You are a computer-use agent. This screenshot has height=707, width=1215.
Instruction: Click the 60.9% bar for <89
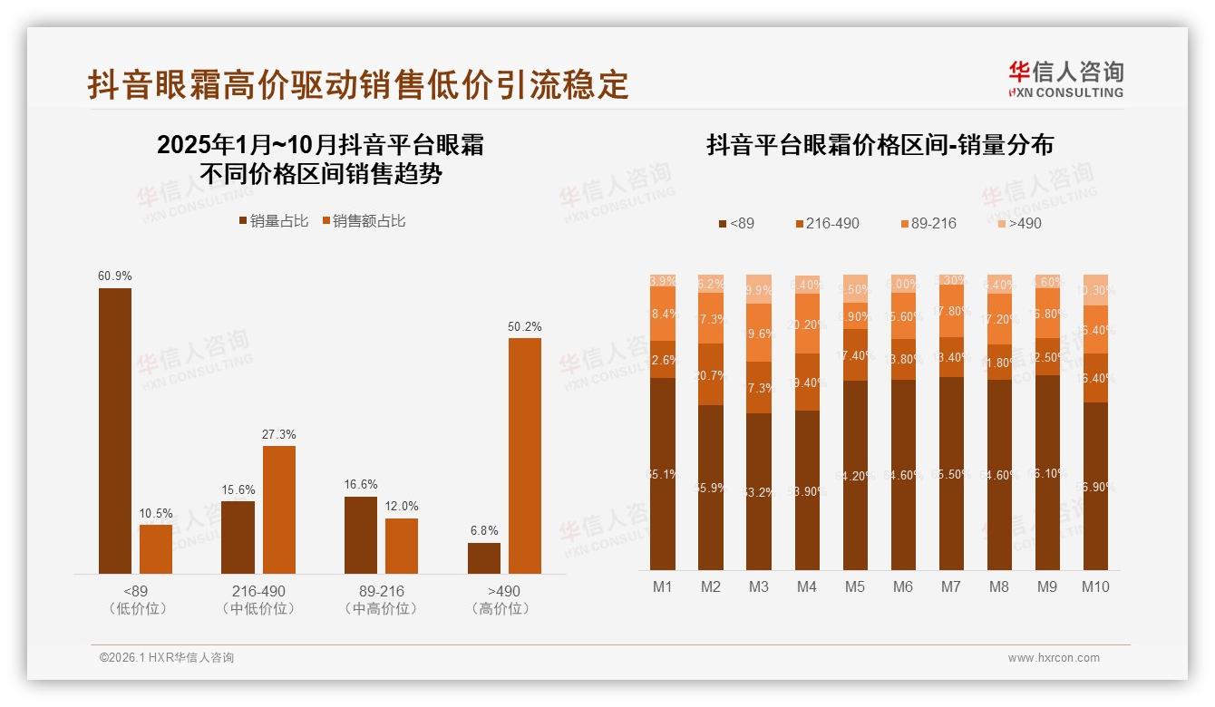[115, 431]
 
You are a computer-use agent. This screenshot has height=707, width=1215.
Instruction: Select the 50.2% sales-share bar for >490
[524, 455]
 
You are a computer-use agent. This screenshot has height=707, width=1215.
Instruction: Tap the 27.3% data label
[279, 435]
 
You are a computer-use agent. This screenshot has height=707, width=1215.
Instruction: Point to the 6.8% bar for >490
[484, 558]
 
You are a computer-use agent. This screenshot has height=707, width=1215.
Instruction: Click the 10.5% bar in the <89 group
[156, 548]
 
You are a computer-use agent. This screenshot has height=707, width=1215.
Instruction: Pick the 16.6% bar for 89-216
[361, 535]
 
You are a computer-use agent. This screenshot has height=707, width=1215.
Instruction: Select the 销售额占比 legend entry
[364, 221]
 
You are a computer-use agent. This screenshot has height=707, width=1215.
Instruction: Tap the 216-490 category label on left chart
[258, 591]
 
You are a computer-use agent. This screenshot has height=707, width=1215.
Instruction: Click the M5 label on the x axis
[854, 586]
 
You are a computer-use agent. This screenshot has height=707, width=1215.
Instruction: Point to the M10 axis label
[1095, 586]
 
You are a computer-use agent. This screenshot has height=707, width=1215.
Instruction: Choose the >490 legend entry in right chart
[1020, 223]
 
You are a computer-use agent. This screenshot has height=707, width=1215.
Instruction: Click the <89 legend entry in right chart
[736, 223]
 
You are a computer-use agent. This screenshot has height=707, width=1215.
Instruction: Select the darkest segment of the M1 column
[663, 473]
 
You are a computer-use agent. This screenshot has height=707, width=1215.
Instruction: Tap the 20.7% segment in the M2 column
[711, 374]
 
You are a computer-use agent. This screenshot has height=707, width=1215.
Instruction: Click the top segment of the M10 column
[1095, 289]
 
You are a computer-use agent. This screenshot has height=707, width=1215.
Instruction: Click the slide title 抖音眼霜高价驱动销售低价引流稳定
[357, 84]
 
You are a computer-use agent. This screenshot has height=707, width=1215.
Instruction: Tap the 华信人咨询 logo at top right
[1065, 79]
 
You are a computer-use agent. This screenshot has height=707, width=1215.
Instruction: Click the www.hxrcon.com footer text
[1054, 658]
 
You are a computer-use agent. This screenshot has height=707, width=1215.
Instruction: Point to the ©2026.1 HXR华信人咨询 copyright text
[167, 658]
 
